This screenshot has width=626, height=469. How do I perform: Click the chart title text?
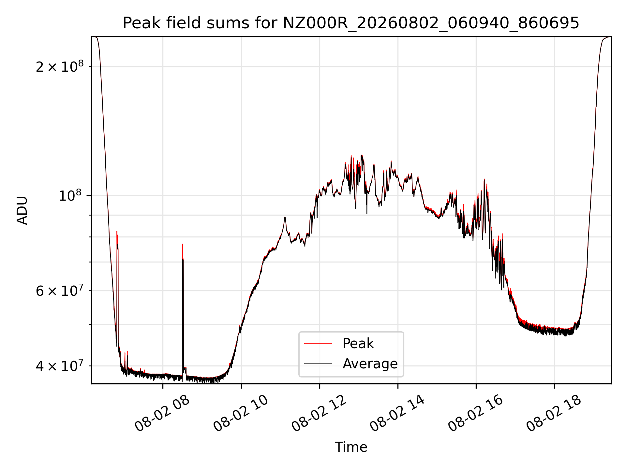point(351,23)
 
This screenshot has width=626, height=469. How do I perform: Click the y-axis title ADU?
point(22,210)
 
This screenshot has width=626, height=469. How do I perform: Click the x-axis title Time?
point(351,447)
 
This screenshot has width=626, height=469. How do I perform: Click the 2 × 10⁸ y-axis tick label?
point(60,66)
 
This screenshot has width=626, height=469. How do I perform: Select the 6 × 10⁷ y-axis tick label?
point(60,291)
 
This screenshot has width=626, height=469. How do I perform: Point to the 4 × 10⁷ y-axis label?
point(60,366)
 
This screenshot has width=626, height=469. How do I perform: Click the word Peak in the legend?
point(358,344)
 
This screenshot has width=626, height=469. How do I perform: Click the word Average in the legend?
point(370,364)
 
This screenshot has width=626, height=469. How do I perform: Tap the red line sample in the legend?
point(318,343)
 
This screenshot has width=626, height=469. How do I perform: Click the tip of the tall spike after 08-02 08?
point(182,244)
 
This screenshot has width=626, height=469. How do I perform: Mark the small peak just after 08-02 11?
point(285,217)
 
